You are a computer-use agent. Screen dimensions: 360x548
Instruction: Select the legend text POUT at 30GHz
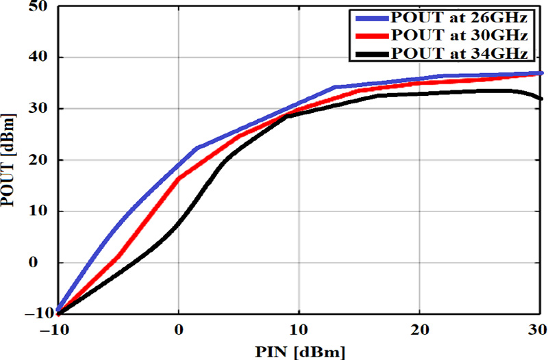coord(458,35)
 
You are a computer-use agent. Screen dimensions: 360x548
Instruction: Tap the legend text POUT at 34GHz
coord(458,53)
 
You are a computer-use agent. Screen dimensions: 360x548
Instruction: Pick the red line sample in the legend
coord(369,35)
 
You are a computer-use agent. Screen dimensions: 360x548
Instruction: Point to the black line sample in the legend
coord(369,53)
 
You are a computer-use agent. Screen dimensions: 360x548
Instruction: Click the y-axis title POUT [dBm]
coord(10,162)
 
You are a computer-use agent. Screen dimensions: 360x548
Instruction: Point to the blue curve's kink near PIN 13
coord(334,88)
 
